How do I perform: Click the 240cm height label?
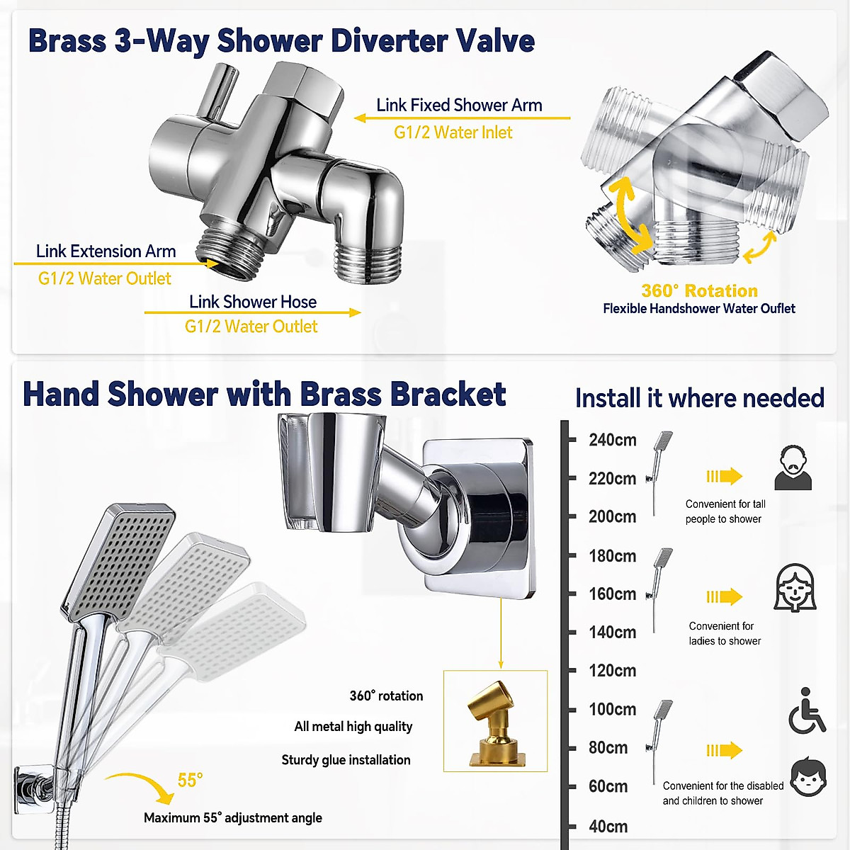coord(613,440)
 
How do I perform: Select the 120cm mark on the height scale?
coord(613,670)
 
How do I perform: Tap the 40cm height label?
coord(608,826)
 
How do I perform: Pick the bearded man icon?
coord(793,468)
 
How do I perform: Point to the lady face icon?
coord(795,588)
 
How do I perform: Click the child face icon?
coord(808,777)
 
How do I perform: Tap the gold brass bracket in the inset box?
coord(495,722)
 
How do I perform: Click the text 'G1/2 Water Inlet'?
coord(453,132)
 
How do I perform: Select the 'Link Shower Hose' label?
coord(253,302)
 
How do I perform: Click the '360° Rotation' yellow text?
coord(699,290)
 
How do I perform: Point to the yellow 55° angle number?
coord(190,780)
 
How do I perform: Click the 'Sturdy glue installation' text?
coord(346,760)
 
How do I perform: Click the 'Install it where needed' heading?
coord(699,398)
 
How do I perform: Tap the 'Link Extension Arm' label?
coord(106,251)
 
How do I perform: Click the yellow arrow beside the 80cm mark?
coord(724,750)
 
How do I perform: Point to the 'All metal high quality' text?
coord(353,727)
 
